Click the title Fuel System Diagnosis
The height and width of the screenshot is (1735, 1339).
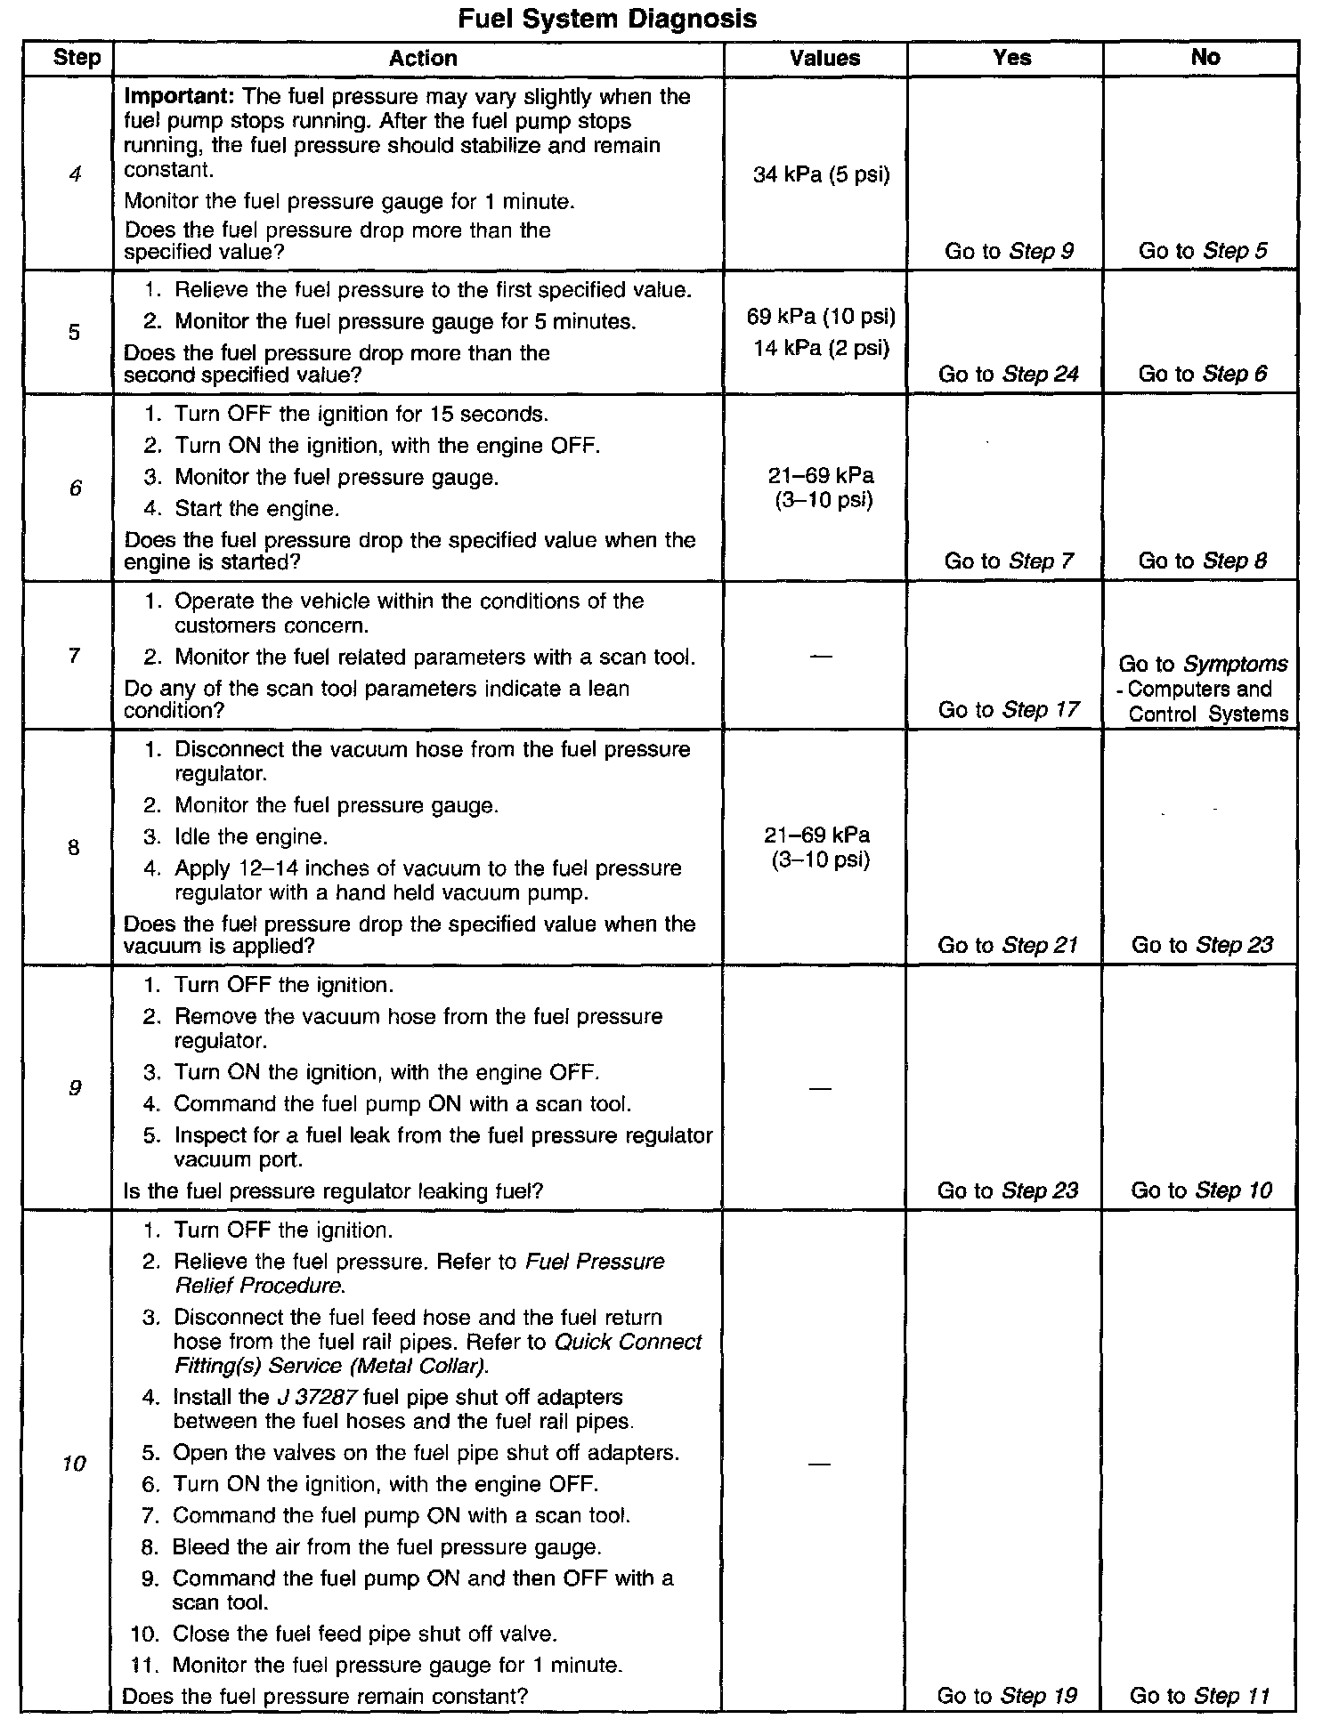tap(607, 19)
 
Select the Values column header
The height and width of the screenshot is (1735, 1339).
tap(824, 59)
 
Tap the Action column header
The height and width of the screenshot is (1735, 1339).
tap(423, 59)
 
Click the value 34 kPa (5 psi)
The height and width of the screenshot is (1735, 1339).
tap(821, 174)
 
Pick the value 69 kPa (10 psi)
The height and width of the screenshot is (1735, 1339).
tap(821, 317)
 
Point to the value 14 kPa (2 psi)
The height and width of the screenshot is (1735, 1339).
tap(821, 348)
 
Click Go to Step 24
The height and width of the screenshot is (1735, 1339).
tap(1008, 375)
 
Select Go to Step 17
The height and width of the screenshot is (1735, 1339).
tap(1008, 710)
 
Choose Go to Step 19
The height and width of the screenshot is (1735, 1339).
tap(1007, 1696)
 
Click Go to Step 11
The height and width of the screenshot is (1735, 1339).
tap(1200, 1696)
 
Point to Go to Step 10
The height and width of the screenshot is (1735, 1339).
tap(1201, 1190)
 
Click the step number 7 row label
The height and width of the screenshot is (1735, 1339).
tap(74, 656)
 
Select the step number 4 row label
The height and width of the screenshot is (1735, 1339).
tap(75, 174)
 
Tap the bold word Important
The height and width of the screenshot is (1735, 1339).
tap(179, 96)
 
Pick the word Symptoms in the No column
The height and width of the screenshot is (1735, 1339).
tap(1236, 664)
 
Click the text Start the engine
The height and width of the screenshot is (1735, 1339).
tap(256, 509)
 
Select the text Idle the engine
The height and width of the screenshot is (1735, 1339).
tap(251, 837)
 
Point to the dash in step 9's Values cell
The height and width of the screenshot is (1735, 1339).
tap(821, 1088)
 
